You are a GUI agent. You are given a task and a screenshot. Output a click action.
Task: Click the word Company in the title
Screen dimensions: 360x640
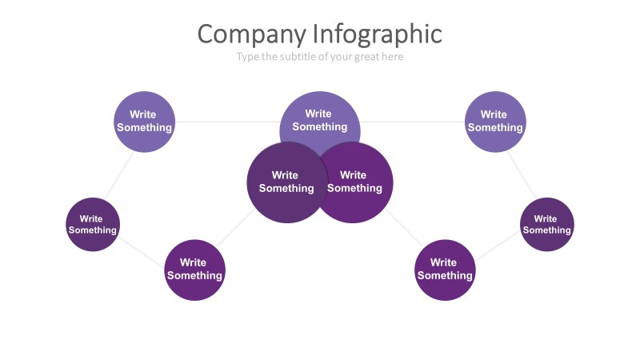pos(251,34)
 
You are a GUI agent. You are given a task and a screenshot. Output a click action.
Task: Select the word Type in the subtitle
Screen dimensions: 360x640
pos(248,57)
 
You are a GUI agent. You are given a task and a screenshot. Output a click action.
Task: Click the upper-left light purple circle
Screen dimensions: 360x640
pos(144,122)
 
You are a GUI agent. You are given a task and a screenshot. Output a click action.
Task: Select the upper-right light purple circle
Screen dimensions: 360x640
pos(495,122)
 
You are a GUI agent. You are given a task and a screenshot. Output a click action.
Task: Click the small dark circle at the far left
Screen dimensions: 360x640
pos(93,224)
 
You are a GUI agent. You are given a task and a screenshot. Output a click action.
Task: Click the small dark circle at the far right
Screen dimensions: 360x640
pos(547,224)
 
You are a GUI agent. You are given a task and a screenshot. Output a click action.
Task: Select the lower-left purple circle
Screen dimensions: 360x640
pos(194,270)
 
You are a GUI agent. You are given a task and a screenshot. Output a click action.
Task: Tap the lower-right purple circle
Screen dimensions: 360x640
pos(445,270)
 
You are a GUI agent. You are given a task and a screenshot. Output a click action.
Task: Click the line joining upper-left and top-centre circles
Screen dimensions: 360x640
pos(226,122)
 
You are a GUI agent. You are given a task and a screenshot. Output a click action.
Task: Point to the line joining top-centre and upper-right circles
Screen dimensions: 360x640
pos(412,122)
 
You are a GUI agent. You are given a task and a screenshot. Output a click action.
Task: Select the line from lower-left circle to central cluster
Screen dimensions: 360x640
pos(234,227)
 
